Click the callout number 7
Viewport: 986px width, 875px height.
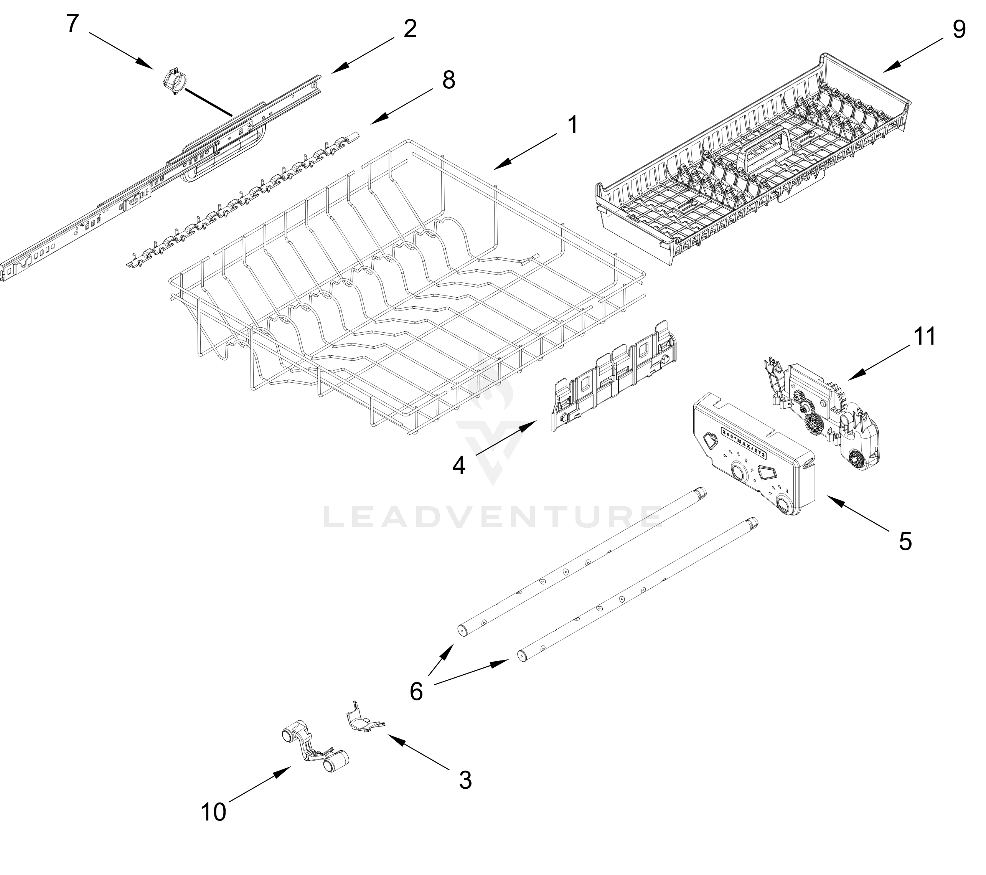click(73, 24)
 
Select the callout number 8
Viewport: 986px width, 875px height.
click(448, 80)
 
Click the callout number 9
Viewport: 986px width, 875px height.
click(959, 30)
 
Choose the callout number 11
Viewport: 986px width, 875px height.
click(924, 337)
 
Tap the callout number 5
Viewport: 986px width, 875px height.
click(905, 542)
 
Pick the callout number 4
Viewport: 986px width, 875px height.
click(459, 466)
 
